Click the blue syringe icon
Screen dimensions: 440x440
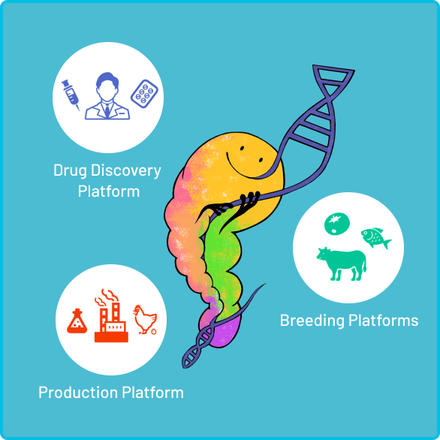pyautogui.click(x=70, y=95)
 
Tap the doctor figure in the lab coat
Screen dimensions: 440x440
pyautogui.click(x=107, y=96)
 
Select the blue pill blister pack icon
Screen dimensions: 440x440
pyautogui.click(x=144, y=94)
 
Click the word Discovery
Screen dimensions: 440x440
pyautogui.click(x=125, y=171)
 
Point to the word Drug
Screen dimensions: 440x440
pyautogui.click(x=70, y=171)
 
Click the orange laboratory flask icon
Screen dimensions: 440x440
pyautogui.click(x=77, y=321)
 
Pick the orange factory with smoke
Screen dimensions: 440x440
pyautogui.click(x=111, y=315)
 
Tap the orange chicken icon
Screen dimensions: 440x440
pyautogui.click(x=144, y=319)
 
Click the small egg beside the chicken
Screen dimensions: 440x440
pyautogui.click(x=153, y=331)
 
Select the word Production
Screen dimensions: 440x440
pyautogui.click(x=78, y=392)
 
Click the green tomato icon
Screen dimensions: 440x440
pyautogui.click(x=337, y=224)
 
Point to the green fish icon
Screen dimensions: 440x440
pyautogui.click(x=375, y=238)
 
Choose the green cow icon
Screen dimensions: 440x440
pyautogui.click(x=342, y=264)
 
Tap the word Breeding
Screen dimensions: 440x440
pyautogui.click(x=312, y=321)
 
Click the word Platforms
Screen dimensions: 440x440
pyautogui.click(x=384, y=321)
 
